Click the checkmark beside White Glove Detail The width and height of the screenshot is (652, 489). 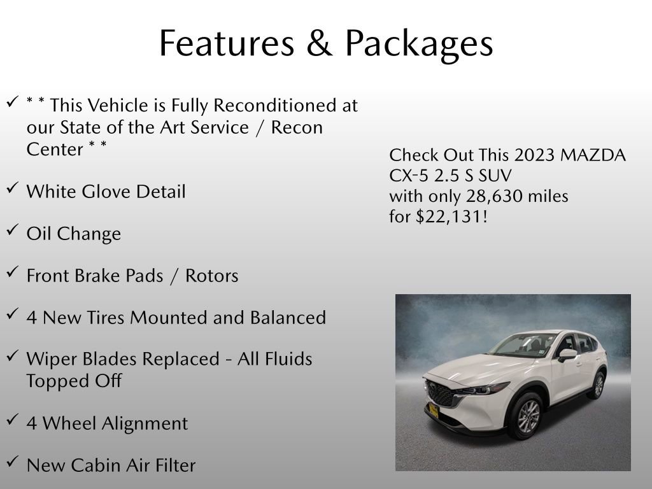point(12,188)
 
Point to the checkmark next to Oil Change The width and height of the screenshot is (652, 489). point(12,230)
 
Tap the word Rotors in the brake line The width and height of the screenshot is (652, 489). point(211,276)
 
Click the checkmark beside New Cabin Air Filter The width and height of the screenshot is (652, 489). point(12,462)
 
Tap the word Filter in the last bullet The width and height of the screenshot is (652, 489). point(173,465)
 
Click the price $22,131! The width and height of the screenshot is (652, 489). point(451,216)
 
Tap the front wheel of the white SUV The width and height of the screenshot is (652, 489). point(526,416)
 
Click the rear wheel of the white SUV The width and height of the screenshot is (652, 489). point(597,385)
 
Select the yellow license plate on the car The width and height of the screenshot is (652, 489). point(434,410)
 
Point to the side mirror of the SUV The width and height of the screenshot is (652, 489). point(566,354)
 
